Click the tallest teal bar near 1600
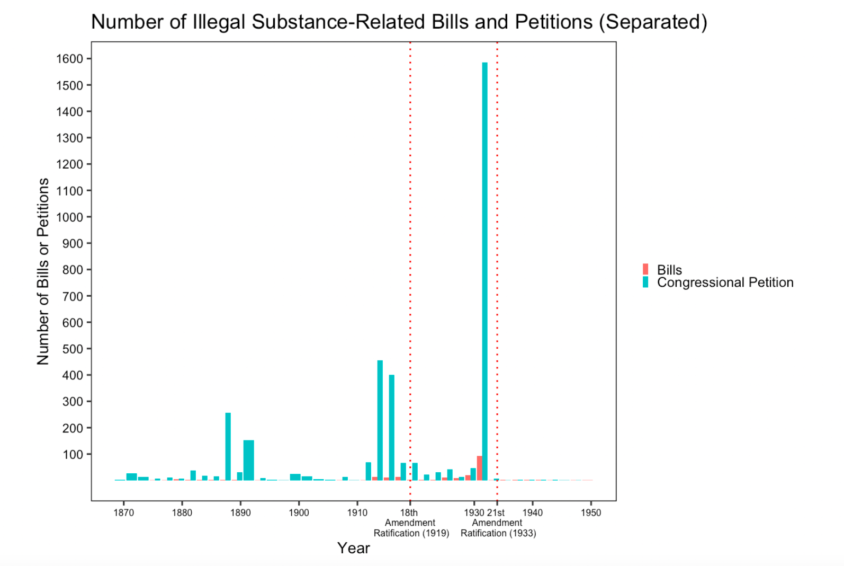pos(484,270)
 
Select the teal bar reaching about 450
pos(380,419)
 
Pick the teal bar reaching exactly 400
pos(391,427)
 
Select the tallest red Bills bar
pos(479,468)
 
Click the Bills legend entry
pos(669,270)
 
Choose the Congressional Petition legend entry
pos(724,282)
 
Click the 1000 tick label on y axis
pos(70,217)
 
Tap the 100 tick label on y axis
pos(73,454)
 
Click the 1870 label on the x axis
pos(123,512)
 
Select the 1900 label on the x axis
pos(299,512)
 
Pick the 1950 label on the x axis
pos(590,512)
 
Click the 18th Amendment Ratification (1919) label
pos(410,523)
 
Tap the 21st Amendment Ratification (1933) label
pos(498,523)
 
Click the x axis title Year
pos(353,548)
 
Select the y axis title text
pos(43,271)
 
